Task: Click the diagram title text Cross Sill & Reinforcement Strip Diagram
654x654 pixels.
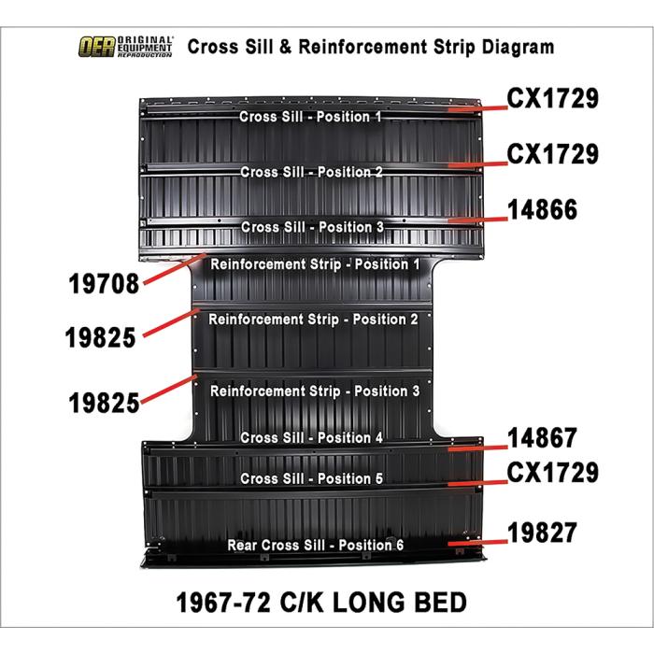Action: coord(370,47)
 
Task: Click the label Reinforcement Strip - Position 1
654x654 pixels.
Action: coord(315,264)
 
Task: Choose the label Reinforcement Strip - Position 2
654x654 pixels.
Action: coord(313,320)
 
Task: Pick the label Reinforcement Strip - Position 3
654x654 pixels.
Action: coord(315,391)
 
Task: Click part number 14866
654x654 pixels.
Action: coord(542,209)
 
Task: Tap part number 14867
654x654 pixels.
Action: coord(542,438)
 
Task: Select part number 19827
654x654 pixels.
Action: coord(542,533)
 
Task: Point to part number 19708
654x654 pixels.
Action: coord(104,283)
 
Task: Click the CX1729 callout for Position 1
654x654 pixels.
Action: coord(552,99)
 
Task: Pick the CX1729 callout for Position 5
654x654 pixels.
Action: coord(552,473)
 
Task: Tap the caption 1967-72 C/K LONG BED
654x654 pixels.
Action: coord(320,602)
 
